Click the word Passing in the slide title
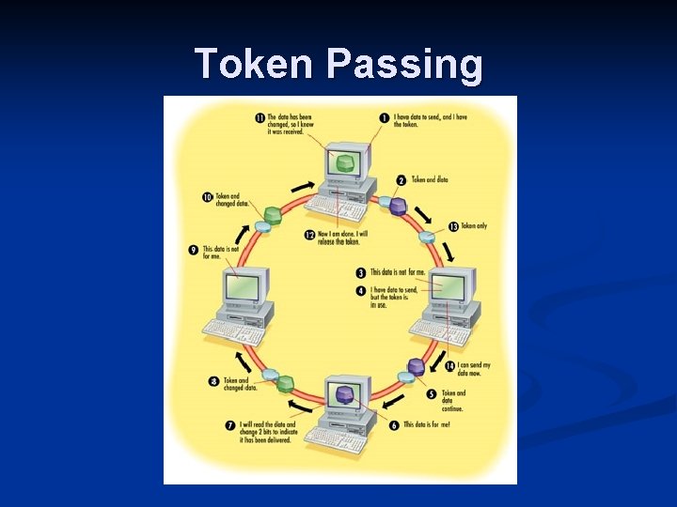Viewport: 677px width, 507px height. (x=404, y=65)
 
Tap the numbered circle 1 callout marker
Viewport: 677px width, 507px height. (x=385, y=117)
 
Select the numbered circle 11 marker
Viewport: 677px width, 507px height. (x=260, y=117)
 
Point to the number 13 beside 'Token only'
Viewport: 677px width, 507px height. (x=453, y=226)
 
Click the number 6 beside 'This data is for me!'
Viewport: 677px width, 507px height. (x=394, y=424)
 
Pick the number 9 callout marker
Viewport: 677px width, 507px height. (x=194, y=251)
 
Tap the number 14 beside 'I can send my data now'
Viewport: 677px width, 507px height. (x=450, y=365)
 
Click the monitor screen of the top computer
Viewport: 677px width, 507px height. (x=345, y=163)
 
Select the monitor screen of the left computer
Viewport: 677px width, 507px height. (x=244, y=285)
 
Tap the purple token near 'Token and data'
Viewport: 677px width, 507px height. (x=398, y=205)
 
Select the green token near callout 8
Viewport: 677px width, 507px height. (x=285, y=383)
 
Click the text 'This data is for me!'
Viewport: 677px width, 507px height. (x=427, y=425)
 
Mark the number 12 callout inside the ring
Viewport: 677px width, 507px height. (x=309, y=234)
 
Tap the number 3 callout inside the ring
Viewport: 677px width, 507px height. (x=361, y=273)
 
